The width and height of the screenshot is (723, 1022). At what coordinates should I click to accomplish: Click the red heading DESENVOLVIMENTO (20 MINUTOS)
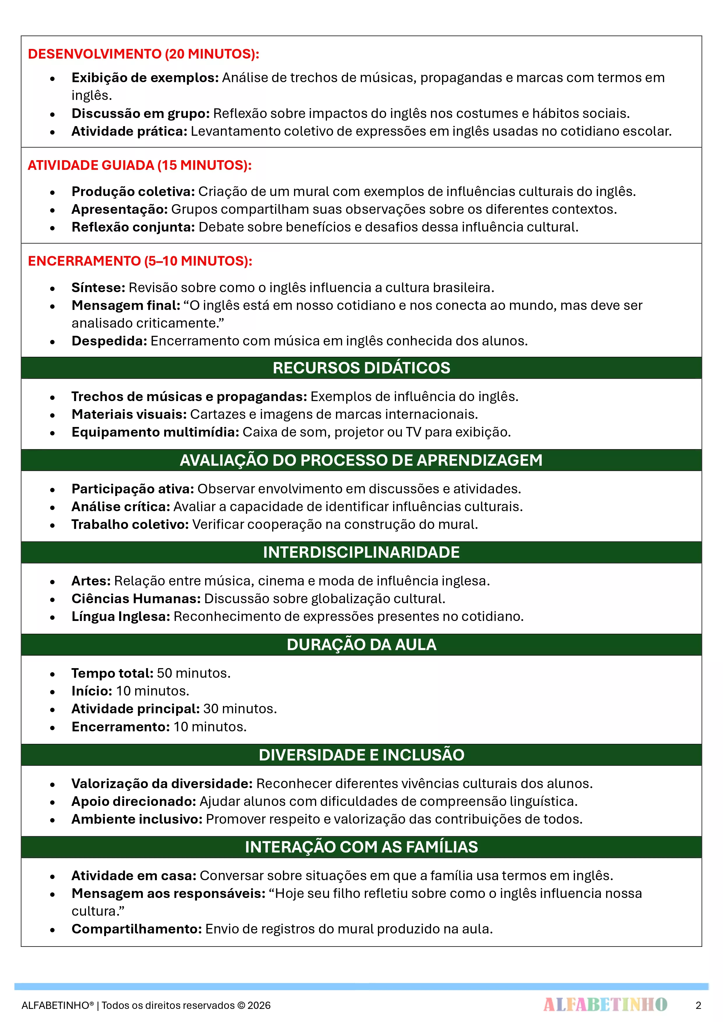(x=143, y=54)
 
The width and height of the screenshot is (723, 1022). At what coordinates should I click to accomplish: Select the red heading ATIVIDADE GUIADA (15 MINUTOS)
(x=139, y=165)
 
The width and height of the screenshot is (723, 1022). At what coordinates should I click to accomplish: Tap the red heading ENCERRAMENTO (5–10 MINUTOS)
(x=140, y=261)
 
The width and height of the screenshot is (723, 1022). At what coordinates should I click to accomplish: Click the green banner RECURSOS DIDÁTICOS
(x=361, y=368)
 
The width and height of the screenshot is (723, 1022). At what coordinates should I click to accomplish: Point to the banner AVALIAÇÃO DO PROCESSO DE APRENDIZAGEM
(x=361, y=460)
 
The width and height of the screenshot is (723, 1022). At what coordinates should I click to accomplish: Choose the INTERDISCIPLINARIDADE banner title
(x=361, y=552)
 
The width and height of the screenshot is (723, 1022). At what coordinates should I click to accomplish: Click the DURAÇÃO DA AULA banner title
(x=361, y=644)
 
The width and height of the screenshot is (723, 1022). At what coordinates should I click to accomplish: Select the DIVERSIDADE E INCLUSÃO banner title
(x=361, y=754)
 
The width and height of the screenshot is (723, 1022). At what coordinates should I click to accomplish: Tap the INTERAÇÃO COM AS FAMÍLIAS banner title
(x=361, y=847)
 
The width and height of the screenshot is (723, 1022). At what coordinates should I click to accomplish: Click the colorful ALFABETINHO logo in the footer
(x=605, y=1005)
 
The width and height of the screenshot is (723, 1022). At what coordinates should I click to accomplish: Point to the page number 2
(x=698, y=1005)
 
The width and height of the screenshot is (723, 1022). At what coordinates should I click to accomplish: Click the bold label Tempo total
(x=112, y=673)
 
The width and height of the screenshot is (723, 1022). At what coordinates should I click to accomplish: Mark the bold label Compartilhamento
(x=137, y=929)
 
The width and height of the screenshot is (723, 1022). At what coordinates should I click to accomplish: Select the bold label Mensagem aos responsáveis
(x=168, y=893)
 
